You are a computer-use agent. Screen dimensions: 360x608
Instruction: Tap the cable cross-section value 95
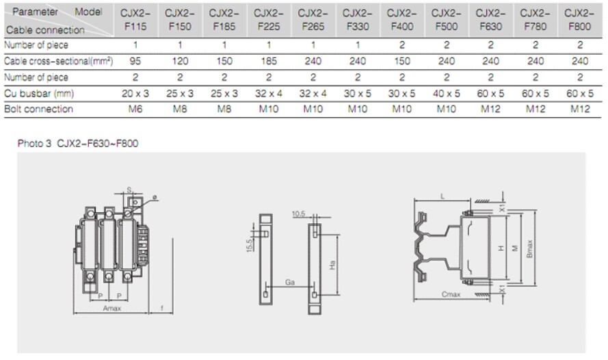coord(134,62)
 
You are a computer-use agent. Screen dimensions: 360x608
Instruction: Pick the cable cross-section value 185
coord(268,62)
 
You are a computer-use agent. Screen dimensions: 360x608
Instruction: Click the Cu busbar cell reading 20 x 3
coord(134,93)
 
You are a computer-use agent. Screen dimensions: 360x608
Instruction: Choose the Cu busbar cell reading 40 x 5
coord(446,93)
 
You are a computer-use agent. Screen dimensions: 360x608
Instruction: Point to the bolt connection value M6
coord(134,109)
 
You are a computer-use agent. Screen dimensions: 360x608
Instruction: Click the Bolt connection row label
coord(38,109)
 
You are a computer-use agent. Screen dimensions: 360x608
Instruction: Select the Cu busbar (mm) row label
coord(38,93)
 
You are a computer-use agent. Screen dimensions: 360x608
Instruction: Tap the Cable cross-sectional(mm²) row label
coord(59,62)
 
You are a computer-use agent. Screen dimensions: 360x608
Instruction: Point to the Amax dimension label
coord(111,309)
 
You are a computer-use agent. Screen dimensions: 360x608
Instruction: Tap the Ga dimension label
coord(290,281)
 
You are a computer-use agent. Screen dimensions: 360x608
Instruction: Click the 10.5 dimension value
coord(298,214)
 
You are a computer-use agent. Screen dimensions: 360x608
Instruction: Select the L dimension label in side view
coord(443,196)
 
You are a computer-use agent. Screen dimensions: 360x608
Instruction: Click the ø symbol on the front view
coord(155,197)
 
